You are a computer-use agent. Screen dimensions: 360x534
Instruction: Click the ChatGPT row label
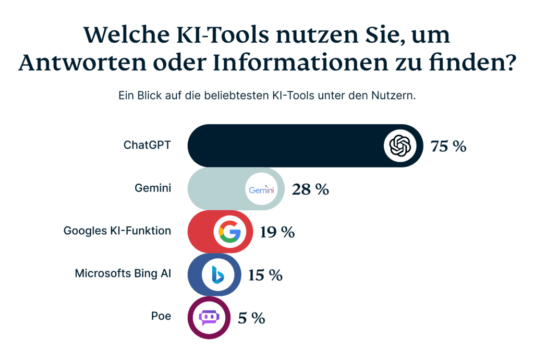pyautogui.click(x=147, y=146)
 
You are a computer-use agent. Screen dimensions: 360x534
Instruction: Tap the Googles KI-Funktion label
pyautogui.click(x=117, y=231)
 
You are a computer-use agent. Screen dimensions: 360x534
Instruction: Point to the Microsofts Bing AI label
pyautogui.click(x=123, y=273)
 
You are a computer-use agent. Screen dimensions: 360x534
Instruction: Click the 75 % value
pyautogui.click(x=448, y=146)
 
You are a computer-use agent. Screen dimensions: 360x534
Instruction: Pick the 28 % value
pyautogui.click(x=310, y=189)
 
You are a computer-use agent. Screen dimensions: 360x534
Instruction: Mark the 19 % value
pyautogui.click(x=277, y=232)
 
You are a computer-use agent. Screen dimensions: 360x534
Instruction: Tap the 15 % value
pyautogui.click(x=265, y=275)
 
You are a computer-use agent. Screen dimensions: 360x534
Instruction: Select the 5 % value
pyautogui.click(x=251, y=318)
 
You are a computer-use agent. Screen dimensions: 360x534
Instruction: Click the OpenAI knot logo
pyautogui.click(x=401, y=146)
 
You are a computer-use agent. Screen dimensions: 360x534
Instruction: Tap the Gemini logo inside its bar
pyautogui.click(x=261, y=190)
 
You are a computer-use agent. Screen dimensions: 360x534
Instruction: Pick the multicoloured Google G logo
pyautogui.click(x=229, y=232)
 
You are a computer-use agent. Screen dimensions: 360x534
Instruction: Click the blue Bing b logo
pyautogui.click(x=217, y=274)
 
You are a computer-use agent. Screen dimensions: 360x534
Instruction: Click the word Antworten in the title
pyautogui.click(x=77, y=63)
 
